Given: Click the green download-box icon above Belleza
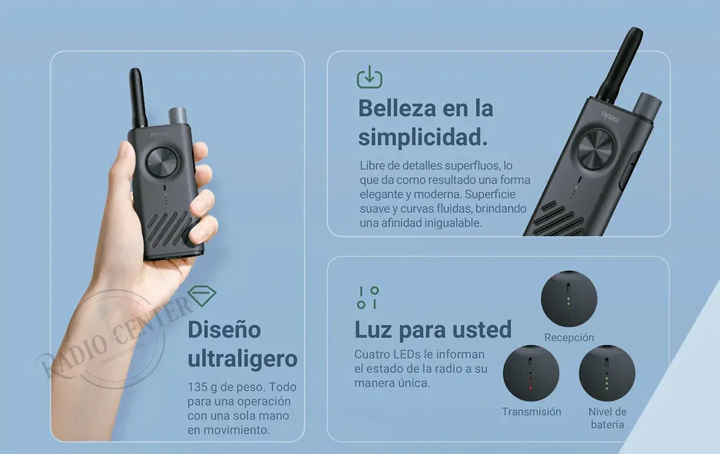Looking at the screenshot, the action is pos(370,77).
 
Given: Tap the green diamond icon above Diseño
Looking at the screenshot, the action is pos(202,295).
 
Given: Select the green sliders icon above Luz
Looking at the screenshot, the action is pos(368,298).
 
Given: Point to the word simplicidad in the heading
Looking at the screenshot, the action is pos(422,138).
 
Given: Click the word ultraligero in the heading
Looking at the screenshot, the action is pos(242,359).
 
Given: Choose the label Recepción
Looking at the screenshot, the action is pos(569,337).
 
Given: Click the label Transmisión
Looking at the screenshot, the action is pos(532,411).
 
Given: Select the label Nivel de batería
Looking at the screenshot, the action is pos(607,418).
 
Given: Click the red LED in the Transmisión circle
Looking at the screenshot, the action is pos(530,388).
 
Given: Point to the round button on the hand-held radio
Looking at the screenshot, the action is pos(162,162).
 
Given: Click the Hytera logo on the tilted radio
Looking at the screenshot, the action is pos(610,117).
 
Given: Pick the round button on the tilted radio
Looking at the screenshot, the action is pos(596,150).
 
